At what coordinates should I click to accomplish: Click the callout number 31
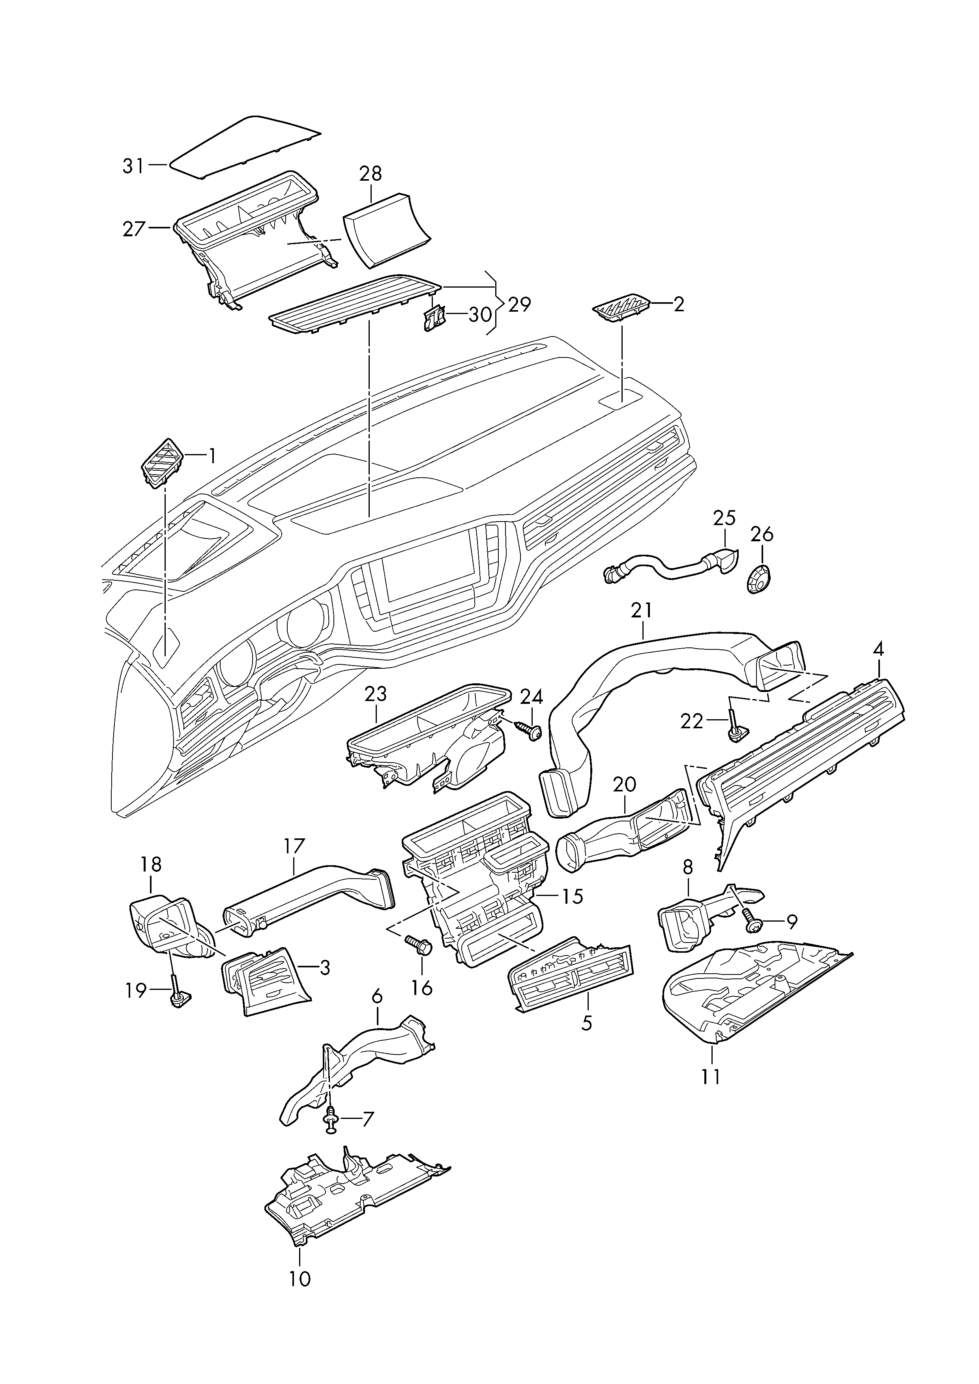134,166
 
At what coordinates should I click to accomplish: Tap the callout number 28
371,174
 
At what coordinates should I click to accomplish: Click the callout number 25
724,518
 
